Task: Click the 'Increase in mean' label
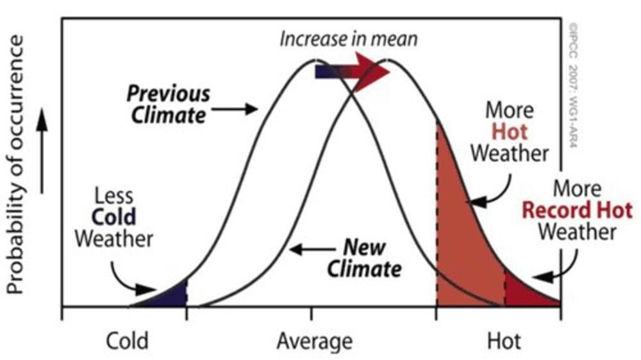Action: coord(349,38)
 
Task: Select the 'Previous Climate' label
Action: coord(168,104)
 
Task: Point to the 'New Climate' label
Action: coord(364,258)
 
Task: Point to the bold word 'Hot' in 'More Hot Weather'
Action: coord(510,132)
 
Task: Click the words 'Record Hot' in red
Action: coord(576,210)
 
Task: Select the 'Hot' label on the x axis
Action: coord(504,340)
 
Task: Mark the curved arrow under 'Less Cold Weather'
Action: coord(128,279)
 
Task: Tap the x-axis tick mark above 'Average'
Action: coord(312,313)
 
